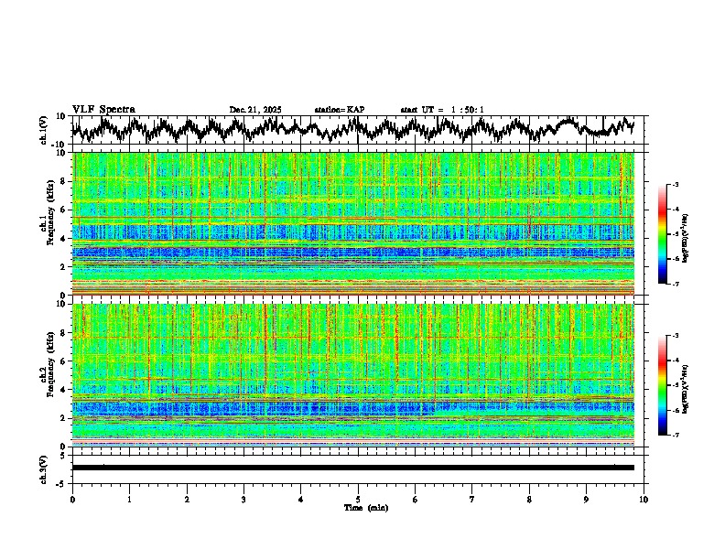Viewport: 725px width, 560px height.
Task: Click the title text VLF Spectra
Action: click(103, 109)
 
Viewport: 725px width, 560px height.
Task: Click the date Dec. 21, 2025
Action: click(255, 110)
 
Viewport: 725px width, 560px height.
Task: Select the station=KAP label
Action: click(340, 110)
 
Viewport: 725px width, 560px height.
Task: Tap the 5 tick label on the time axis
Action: click(358, 499)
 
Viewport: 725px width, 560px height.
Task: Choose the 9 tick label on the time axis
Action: click(587, 499)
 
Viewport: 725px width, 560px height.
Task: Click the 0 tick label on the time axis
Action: click(72, 499)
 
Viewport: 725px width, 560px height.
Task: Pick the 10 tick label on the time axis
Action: click(644, 499)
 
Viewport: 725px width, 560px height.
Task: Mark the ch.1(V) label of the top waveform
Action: click(45, 130)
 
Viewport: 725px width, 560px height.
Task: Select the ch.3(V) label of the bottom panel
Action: click(45, 467)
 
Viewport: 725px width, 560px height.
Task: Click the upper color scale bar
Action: click(662, 234)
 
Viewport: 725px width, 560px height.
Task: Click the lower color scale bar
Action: click(662, 385)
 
